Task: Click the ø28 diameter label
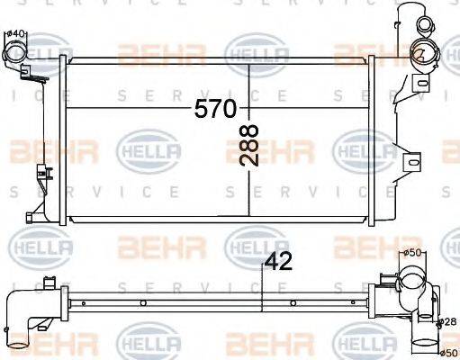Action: click(x=447, y=321)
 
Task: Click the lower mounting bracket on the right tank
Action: click(x=412, y=162)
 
